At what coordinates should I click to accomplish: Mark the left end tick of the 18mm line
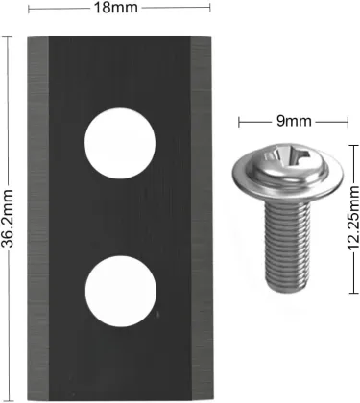click(x=27, y=9)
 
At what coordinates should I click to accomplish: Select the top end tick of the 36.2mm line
click(x=9, y=36)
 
